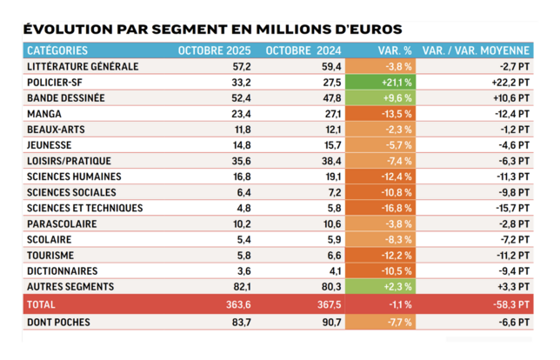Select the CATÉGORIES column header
[x=62, y=50]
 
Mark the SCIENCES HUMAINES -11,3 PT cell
[x=510, y=177]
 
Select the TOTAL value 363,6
[x=235, y=304]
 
